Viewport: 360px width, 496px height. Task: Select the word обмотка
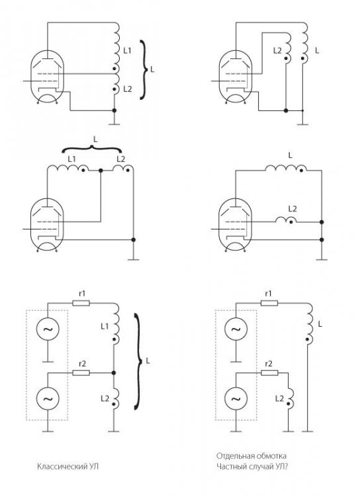click(x=272, y=456)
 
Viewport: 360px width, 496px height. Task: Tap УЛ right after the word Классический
click(x=93, y=466)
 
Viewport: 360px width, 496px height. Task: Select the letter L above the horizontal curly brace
click(x=95, y=139)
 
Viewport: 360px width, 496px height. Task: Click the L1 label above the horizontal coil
click(x=72, y=159)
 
